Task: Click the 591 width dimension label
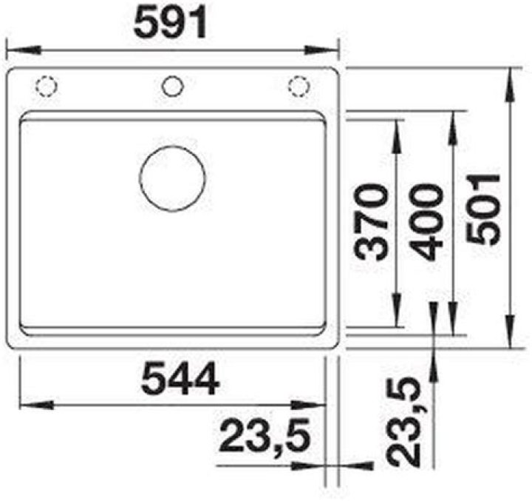pyautogui.click(x=170, y=23)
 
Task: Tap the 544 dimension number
pyautogui.click(x=180, y=378)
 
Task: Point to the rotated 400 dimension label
pyautogui.click(x=426, y=223)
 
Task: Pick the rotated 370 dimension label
pyautogui.click(x=370, y=222)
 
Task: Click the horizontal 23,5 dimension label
pyautogui.click(x=265, y=436)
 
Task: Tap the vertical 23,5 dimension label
pyautogui.click(x=403, y=423)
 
